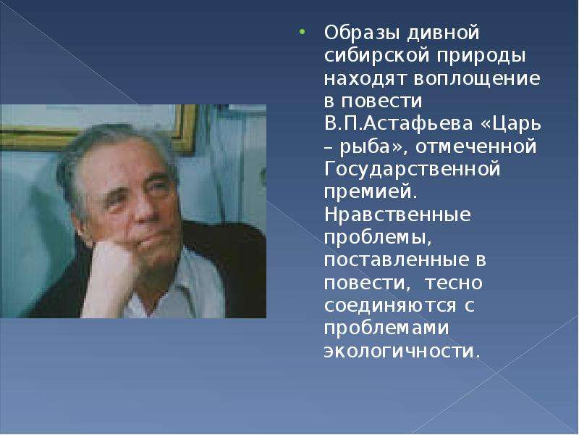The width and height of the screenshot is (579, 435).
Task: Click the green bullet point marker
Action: [302, 32]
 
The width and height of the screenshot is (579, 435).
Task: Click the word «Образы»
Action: [362, 33]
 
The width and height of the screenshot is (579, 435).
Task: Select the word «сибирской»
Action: [377, 56]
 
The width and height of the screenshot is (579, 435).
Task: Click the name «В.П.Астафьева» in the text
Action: [399, 124]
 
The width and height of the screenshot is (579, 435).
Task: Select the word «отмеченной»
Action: [476, 146]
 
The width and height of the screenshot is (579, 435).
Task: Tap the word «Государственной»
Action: [413, 170]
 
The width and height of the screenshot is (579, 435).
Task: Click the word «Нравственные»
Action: [397, 215]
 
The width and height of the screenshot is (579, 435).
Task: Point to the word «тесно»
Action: [454, 283]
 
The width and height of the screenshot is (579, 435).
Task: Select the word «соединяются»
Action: [390, 306]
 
